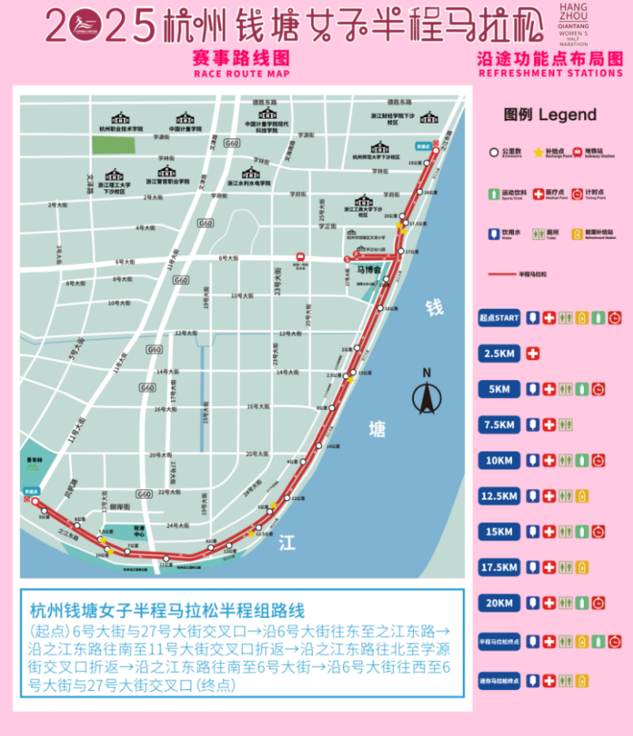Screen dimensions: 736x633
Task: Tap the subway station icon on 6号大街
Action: click(x=301, y=256)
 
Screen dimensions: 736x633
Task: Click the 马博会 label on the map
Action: click(x=368, y=270)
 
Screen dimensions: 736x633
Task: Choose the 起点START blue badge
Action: click(x=499, y=318)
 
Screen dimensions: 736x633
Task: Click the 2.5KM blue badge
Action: click(x=499, y=353)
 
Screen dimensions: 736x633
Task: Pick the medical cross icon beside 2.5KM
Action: click(x=533, y=353)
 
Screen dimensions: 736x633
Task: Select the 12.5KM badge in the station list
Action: click(x=499, y=496)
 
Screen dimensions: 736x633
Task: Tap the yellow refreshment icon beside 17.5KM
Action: click(x=582, y=567)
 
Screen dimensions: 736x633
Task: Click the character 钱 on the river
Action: click(x=434, y=308)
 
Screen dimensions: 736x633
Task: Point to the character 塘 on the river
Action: click(x=377, y=430)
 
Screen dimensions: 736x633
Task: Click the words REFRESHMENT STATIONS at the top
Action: click(x=551, y=74)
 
